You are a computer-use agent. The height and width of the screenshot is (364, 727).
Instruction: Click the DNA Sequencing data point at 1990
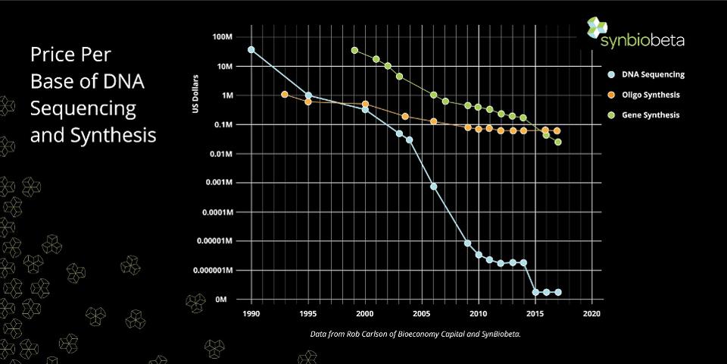[x=251, y=50]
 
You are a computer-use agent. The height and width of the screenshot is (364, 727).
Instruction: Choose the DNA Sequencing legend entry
[x=652, y=74]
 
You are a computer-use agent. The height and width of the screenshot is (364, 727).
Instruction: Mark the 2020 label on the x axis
[x=592, y=313]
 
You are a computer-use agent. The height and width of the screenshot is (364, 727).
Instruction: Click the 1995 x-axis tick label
[x=308, y=313]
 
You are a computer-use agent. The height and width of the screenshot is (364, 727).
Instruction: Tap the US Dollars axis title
[x=195, y=96]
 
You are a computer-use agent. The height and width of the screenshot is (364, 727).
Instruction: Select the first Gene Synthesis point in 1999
[x=354, y=50]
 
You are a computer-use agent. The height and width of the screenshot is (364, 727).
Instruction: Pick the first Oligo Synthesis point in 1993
[x=285, y=95]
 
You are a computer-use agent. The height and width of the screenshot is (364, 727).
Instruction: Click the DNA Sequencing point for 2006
[x=433, y=186]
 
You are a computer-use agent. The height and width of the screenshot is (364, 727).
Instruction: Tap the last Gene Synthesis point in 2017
[x=558, y=142]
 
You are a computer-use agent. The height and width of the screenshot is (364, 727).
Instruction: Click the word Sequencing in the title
[x=83, y=108]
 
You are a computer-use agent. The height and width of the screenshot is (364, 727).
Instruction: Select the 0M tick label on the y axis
[x=221, y=299]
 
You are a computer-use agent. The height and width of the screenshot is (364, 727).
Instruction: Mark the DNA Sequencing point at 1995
[x=308, y=96]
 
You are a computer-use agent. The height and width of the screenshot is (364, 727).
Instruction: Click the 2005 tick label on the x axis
[x=422, y=313]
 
